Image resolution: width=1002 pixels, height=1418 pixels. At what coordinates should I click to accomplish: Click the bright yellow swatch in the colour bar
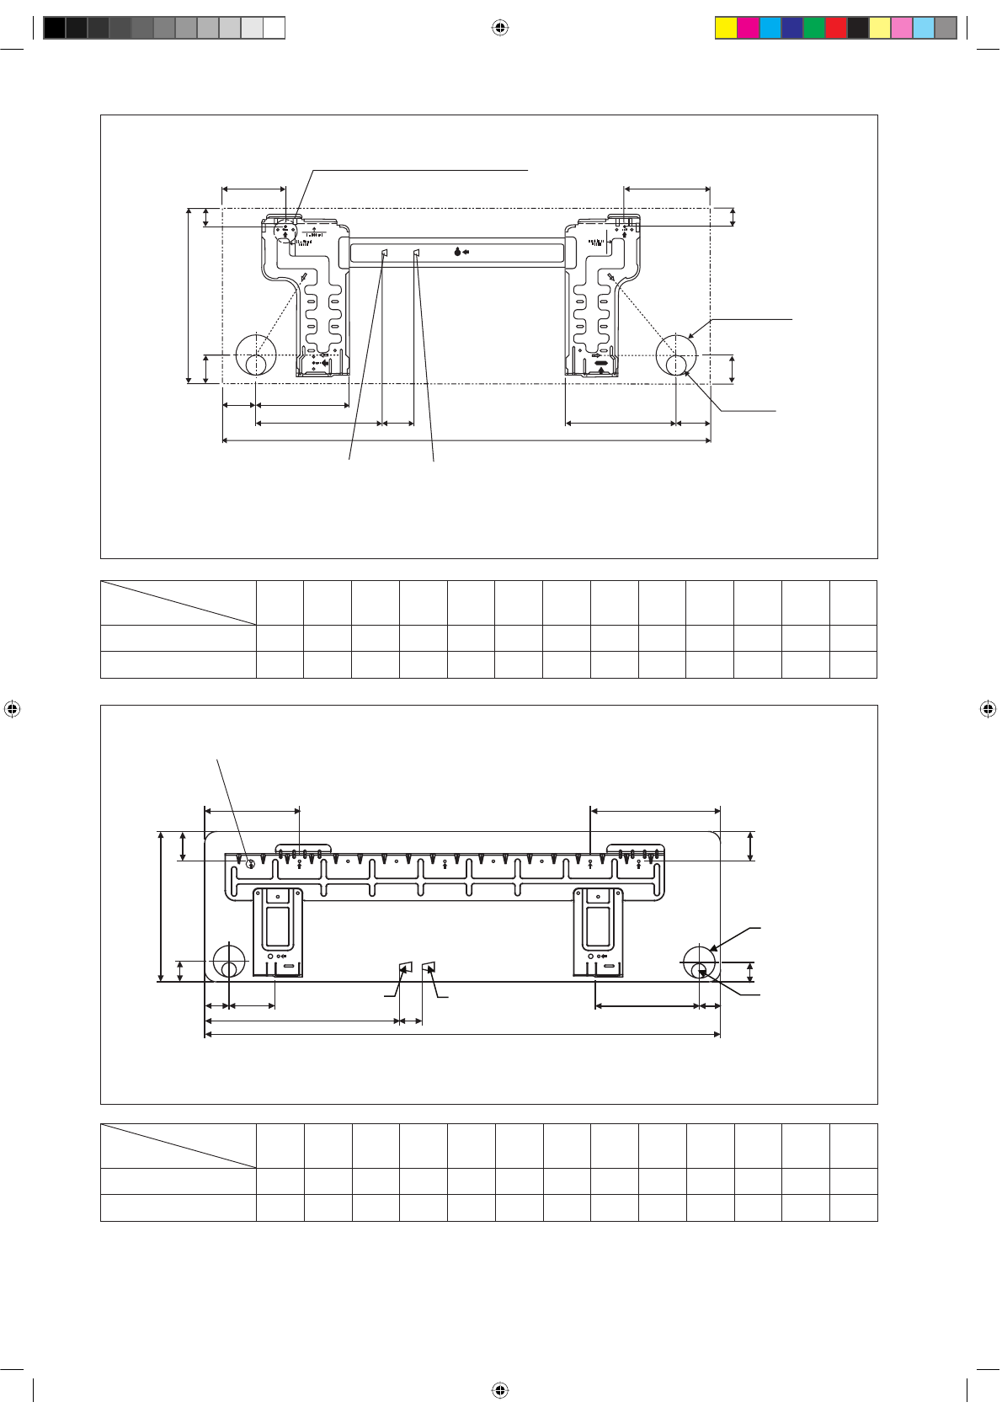726,28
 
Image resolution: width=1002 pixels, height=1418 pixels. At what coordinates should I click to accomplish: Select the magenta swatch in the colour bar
748,28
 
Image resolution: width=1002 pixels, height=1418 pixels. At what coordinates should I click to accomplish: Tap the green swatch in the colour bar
814,28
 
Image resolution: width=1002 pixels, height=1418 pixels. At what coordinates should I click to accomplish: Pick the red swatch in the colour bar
836,28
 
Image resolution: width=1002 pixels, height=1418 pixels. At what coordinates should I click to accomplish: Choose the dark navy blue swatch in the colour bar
792,28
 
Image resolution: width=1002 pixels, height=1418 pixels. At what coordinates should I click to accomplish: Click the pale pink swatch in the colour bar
902,28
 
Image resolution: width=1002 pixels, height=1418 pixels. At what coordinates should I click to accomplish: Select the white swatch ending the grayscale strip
274,28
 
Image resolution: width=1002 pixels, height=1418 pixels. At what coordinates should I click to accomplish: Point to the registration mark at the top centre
500,28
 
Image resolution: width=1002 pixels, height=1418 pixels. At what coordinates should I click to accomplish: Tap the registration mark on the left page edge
12,709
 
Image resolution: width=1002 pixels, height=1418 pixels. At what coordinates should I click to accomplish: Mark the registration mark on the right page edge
989,709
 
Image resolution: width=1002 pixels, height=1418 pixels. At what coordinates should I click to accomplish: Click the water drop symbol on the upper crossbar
456,252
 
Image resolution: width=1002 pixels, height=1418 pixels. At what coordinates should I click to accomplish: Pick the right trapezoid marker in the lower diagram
429,966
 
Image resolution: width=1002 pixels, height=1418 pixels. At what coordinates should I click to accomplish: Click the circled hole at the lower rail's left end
250,863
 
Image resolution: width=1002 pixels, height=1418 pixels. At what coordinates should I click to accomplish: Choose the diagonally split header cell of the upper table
178,602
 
